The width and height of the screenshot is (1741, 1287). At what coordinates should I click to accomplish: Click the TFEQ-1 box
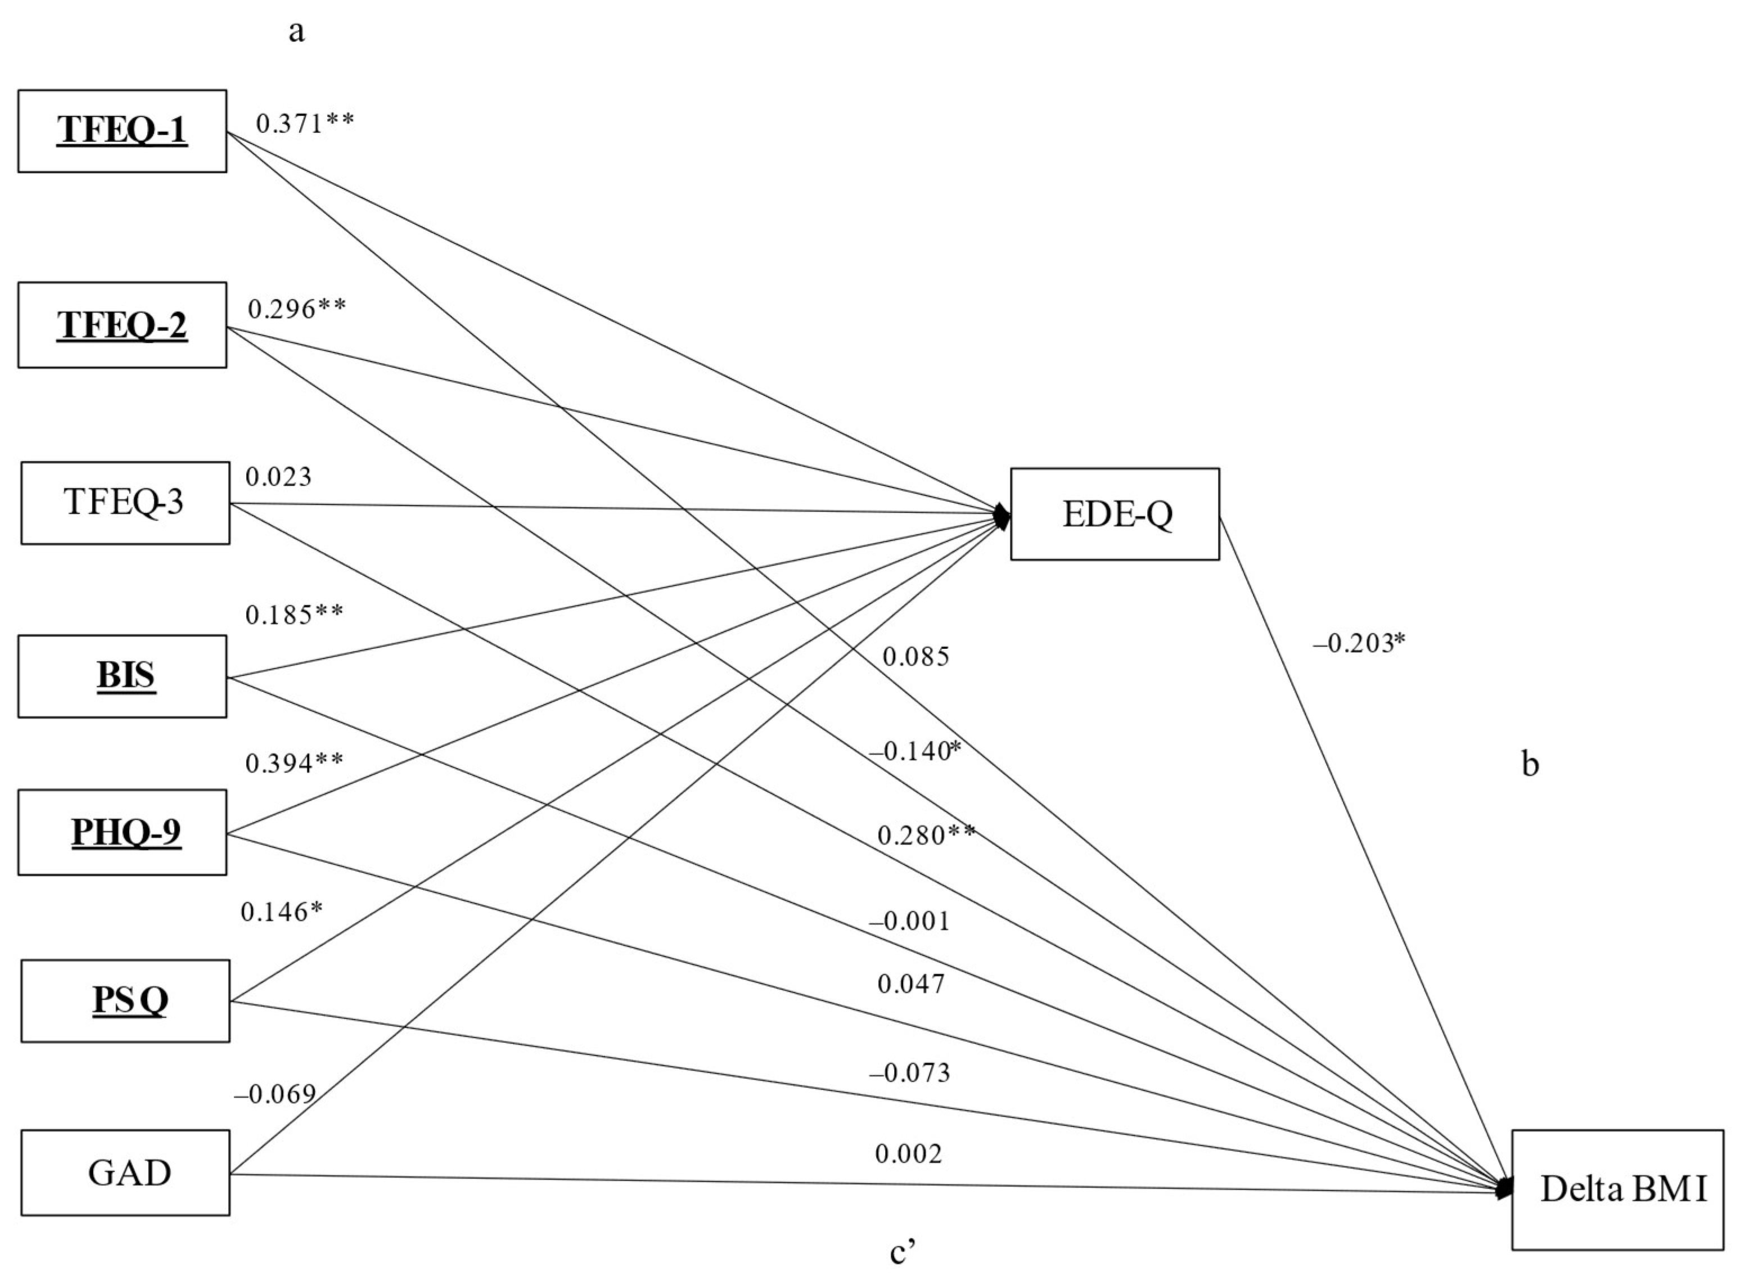pos(122,131)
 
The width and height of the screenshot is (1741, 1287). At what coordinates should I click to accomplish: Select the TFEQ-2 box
pos(122,325)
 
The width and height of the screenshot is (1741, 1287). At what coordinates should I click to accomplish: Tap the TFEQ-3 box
pos(125,503)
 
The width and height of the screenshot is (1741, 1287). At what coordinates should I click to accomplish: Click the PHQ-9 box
pos(122,832)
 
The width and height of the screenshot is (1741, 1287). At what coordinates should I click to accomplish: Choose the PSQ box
pos(125,1000)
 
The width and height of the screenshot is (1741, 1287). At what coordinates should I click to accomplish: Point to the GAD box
pos(125,1172)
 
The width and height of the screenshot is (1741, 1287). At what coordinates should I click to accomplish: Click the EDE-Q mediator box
pos(1115,514)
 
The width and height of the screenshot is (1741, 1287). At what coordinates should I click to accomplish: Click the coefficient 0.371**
pos(305,123)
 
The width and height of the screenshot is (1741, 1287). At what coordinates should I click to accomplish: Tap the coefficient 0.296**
pos(297,309)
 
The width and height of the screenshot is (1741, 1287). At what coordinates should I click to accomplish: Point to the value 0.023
pos(278,477)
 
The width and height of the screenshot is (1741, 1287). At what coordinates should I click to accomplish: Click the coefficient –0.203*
pos(1359,643)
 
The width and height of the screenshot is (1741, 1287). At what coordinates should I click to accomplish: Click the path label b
pos(1530,765)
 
